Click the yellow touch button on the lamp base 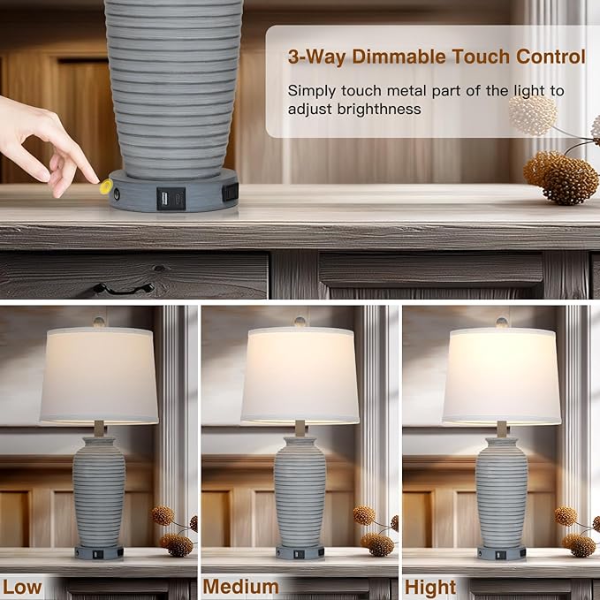[106, 186]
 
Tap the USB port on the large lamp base [165, 199]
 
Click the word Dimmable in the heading [399, 57]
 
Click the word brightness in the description [379, 110]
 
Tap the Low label [22, 587]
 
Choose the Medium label [240, 587]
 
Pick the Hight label [430, 587]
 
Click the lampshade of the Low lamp [99, 376]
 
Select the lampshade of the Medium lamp [300, 376]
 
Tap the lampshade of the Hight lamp [502, 376]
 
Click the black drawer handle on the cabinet [123, 289]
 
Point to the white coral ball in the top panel [532, 115]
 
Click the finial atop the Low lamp [99, 322]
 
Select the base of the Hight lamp [501, 552]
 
